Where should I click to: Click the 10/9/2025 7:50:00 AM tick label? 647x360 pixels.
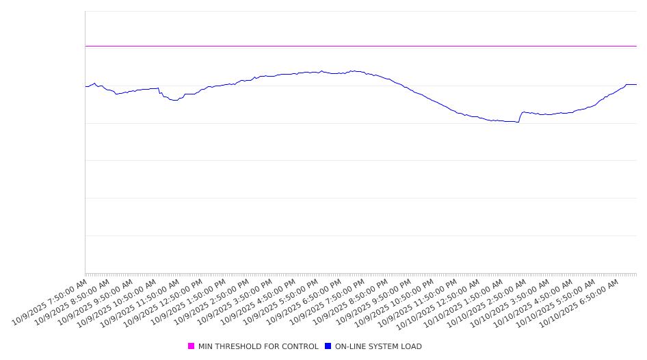coord(50,302)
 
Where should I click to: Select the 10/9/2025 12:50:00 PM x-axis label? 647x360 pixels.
coord(165,302)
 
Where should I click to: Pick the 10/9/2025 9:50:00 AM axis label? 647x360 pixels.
coord(96,302)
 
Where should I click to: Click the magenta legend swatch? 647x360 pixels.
coord(191,346)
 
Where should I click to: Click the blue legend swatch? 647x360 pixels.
coord(328,346)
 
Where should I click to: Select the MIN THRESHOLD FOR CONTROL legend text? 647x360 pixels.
coord(258,346)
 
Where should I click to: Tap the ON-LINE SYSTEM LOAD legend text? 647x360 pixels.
coord(378,346)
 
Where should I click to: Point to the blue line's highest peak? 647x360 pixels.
coord(353,70)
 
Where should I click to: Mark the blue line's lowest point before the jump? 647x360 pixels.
coord(518,122)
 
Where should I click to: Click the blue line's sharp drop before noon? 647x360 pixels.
coord(159,92)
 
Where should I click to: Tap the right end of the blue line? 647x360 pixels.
coord(636,84)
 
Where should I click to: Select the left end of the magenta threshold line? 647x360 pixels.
coord(85,46)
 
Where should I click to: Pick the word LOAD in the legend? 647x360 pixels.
coord(412,346)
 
